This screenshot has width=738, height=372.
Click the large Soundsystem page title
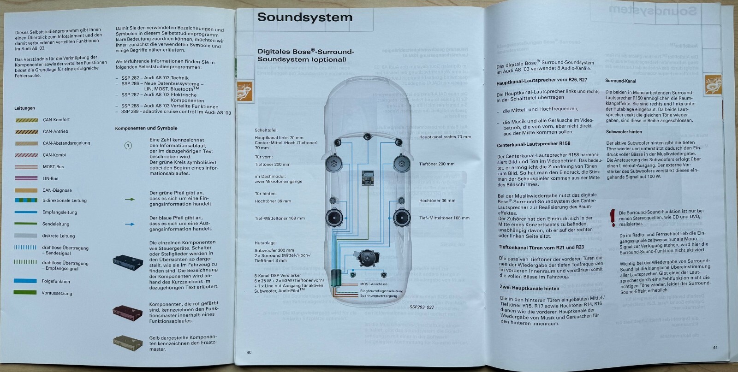pyautogui.click(x=304, y=17)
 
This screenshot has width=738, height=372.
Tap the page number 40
pyautogui.click(x=249, y=353)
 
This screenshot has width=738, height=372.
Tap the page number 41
pyautogui.click(x=715, y=348)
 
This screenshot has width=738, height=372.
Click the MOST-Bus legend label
pyautogui.click(x=53, y=167)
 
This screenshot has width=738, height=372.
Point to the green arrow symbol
pyautogui.click(x=130, y=199)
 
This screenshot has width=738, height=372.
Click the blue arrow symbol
pyautogui.click(x=130, y=224)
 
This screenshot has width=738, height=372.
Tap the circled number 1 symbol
pyautogui.click(x=128, y=146)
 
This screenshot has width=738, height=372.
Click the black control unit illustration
pyautogui.click(x=128, y=263)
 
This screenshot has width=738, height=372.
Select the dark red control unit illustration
pyautogui.click(x=128, y=312)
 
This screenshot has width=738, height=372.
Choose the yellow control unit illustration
pyautogui.click(x=128, y=342)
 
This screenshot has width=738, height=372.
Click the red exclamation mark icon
pyautogui.click(x=613, y=217)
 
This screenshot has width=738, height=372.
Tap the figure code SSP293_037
pyautogui.click(x=422, y=306)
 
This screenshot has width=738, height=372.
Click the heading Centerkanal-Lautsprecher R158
pyautogui.click(x=533, y=144)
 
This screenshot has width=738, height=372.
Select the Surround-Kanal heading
pyautogui.click(x=620, y=81)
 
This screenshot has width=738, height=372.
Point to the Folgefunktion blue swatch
pyautogui.click(x=26, y=281)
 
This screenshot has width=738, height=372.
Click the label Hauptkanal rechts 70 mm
pyautogui.click(x=445, y=137)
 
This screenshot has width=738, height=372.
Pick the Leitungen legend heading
pyautogui.click(x=24, y=108)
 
